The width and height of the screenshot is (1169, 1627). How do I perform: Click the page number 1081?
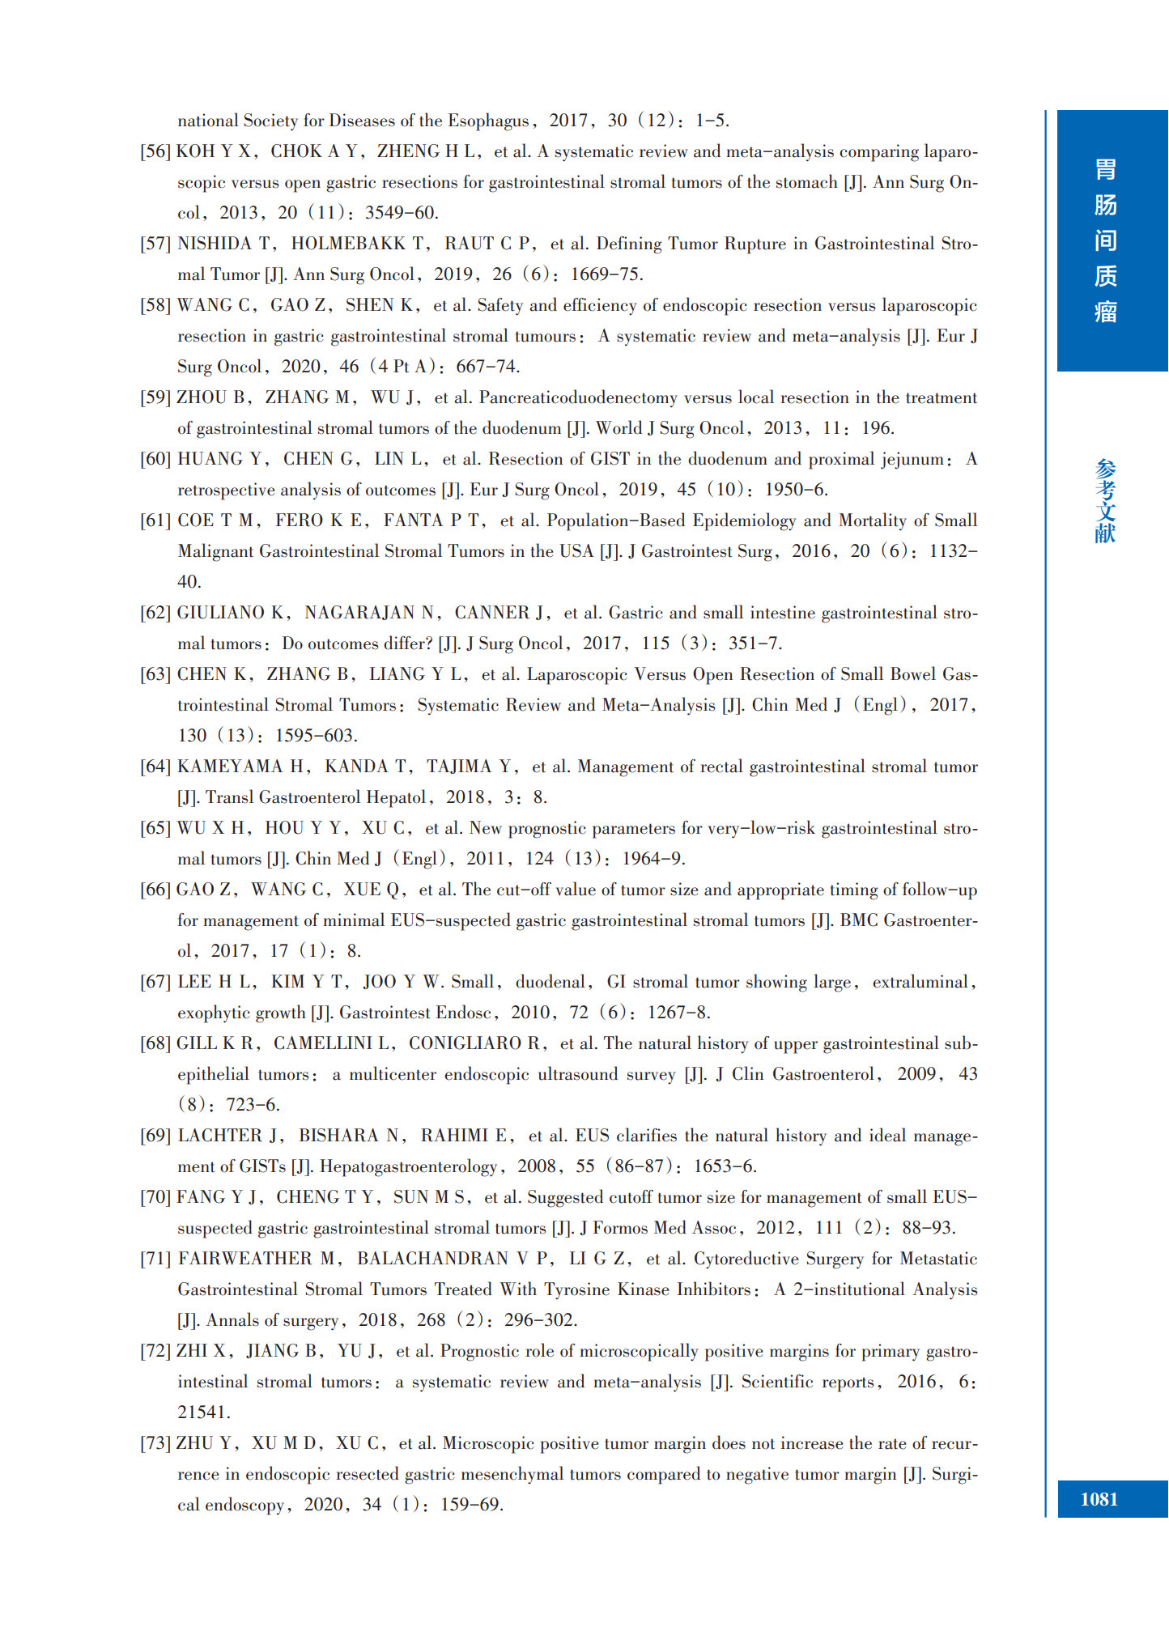(x=1099, y=1500)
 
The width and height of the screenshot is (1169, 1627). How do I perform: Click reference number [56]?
(x=155, y=151)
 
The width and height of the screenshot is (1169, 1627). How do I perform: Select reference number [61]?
(x=155, y=520)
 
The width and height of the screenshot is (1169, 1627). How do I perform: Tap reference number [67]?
(x=155, y=982)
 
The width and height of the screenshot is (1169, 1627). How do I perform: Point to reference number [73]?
(x=155, y=1443)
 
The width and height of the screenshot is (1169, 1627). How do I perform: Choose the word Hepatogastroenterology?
(x=408, y=1166)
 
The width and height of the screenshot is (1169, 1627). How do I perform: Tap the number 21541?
(x=204, y=1412)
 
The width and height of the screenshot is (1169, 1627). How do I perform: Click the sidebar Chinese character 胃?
(x=1106, y=170)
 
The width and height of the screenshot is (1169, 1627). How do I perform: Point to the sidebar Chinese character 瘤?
(x=1106, y=312)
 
